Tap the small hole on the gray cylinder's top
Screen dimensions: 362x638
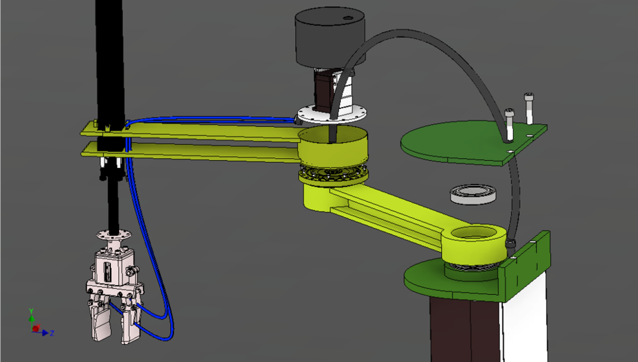(x=346, y=18)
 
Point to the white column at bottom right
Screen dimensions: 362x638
(x=525, y=319)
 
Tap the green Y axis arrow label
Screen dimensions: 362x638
(x=31, y=311)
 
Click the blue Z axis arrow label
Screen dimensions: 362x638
(x=52, y=333)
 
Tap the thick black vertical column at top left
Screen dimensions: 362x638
(x=110, y=60)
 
